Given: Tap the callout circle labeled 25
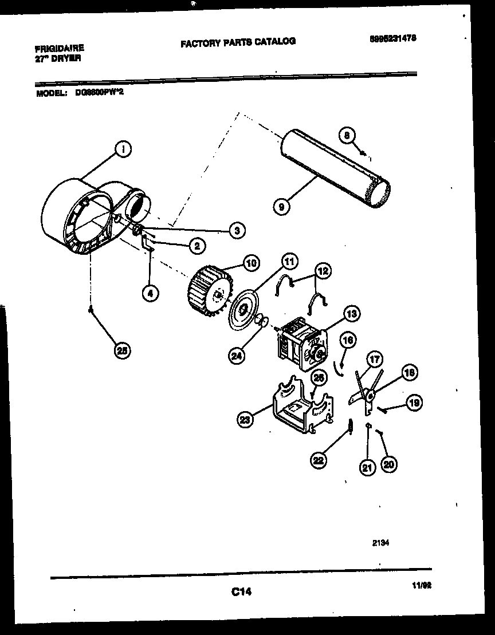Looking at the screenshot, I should click(121, 351).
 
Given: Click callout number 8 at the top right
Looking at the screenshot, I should click(345, 135).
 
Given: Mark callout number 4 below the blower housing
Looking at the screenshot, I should click(150, 293).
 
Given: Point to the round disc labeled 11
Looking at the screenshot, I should click(244, 309).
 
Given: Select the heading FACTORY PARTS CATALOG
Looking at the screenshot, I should click(238, 42).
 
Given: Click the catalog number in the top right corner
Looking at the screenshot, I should click(392, 37).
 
